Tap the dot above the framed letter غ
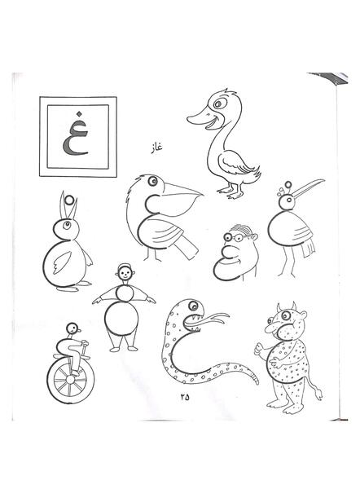pos(80,113)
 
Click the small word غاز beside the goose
pos(156,146)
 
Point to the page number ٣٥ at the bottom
pos(185,397)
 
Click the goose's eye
pos(217,104)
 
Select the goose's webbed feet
pos(231,192)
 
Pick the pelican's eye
pos(153,181)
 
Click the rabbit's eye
pos(66,224)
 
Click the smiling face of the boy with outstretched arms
pos(125,275)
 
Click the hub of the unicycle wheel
pos(71,380)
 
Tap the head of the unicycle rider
pos(73,328)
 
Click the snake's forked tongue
pos(212,319)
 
